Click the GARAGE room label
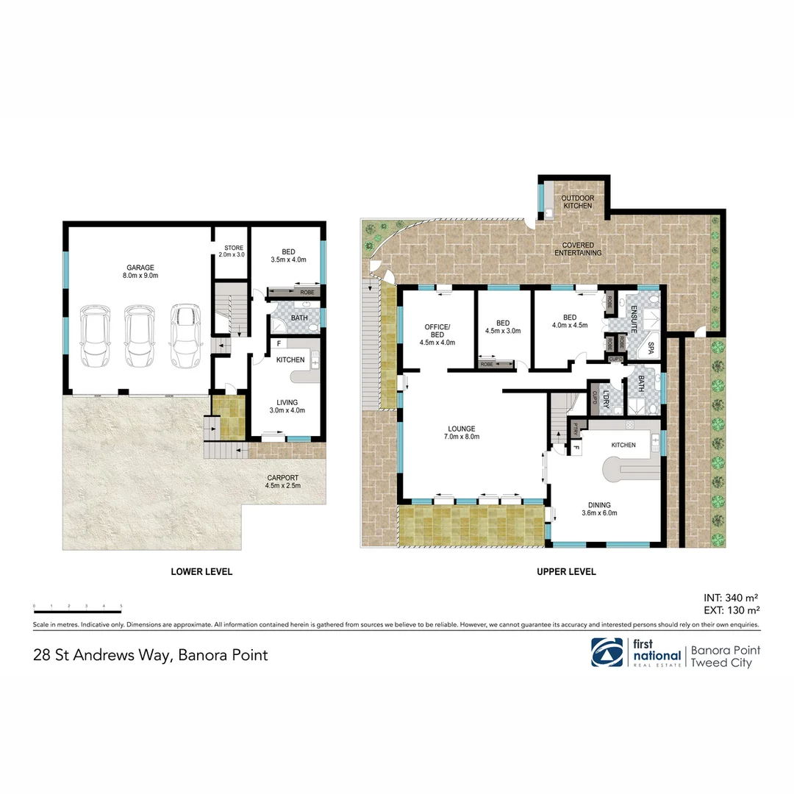coord(140,268)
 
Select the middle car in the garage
coord(139,336)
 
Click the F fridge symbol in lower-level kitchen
coord(279,343)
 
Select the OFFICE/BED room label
coord(437,327)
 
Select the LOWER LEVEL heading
coord(201,571)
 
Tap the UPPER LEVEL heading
coord(566,571)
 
